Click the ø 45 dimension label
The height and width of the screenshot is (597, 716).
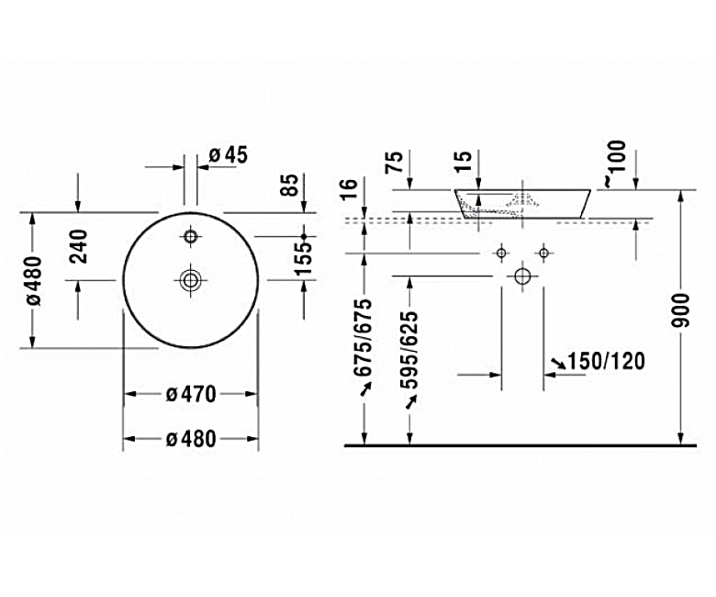pyautogui.click(x=229, y=155)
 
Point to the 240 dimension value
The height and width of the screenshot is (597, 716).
pyautogui.click(x=78, y=246)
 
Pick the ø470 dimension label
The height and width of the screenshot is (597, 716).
pyautogui.click(x=191, y=394)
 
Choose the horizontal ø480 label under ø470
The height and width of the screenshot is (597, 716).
pyautogui.click(x=191, y=439)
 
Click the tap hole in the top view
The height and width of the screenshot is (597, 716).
pyautogui.click(x=191, y=237)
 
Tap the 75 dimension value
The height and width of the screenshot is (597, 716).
pyautogui.click(x=394, y=163)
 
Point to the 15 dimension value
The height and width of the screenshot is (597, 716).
pyautogui.click(x=464, y=163)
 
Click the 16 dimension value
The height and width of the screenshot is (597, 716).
pyautogui.click(x=347, y=190)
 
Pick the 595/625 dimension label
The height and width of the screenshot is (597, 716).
pyautogui.click(x=410, y=341)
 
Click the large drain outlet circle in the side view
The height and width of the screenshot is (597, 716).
pyautogui.click(x=523, y=276)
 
